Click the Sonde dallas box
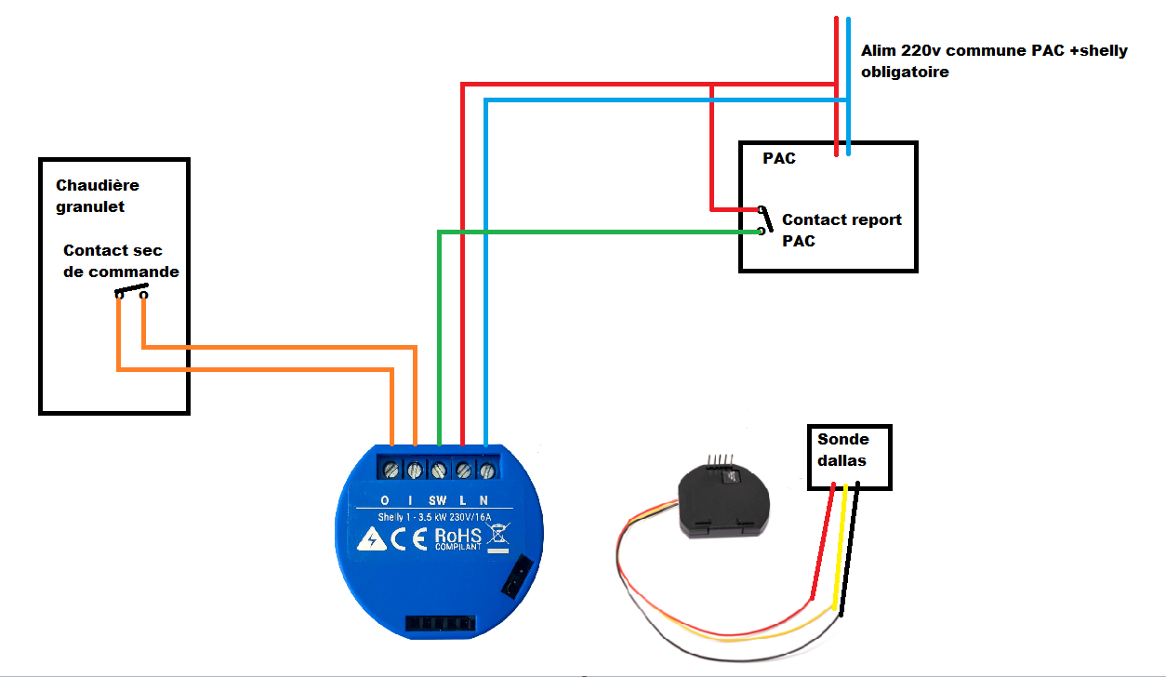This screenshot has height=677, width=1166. coord(849,457)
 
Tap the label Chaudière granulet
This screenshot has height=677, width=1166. coord(97,196)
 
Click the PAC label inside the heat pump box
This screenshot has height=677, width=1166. coord(779,158)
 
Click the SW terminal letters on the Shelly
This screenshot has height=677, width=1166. coord(438,500)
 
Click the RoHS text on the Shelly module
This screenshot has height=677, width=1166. coord(457,537)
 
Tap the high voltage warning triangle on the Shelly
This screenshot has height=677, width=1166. coord(371,538)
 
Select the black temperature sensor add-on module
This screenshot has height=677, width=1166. coord(722,502)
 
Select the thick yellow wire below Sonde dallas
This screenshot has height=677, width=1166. coord(840,549)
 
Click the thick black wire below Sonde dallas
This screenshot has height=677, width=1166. coord(850,549)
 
